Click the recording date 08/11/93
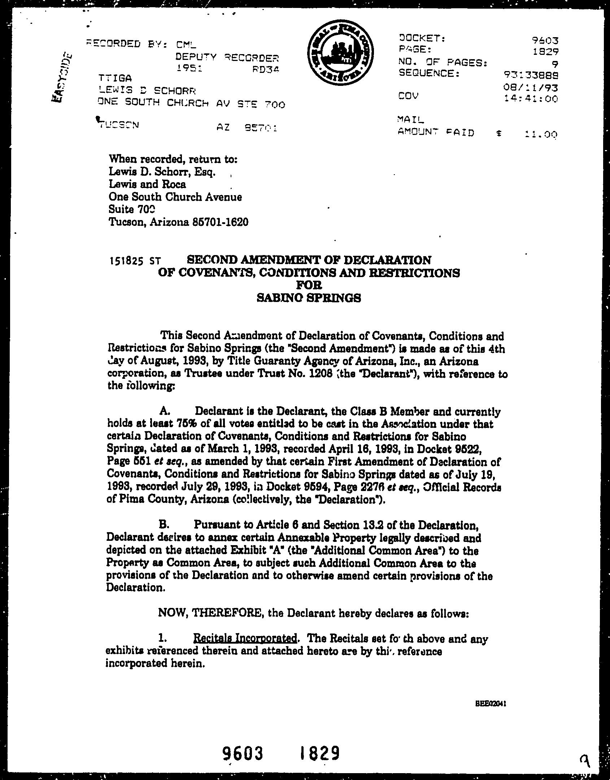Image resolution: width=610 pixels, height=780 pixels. [x=533, y=87]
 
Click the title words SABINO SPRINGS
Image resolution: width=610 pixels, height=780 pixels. [x=309, y=298]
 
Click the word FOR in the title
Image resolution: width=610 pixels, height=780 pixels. [x=309, y=285]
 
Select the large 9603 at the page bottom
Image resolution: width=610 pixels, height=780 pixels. [x=243, y=753]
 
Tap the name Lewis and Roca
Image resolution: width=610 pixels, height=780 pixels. [x=147, y=184]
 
